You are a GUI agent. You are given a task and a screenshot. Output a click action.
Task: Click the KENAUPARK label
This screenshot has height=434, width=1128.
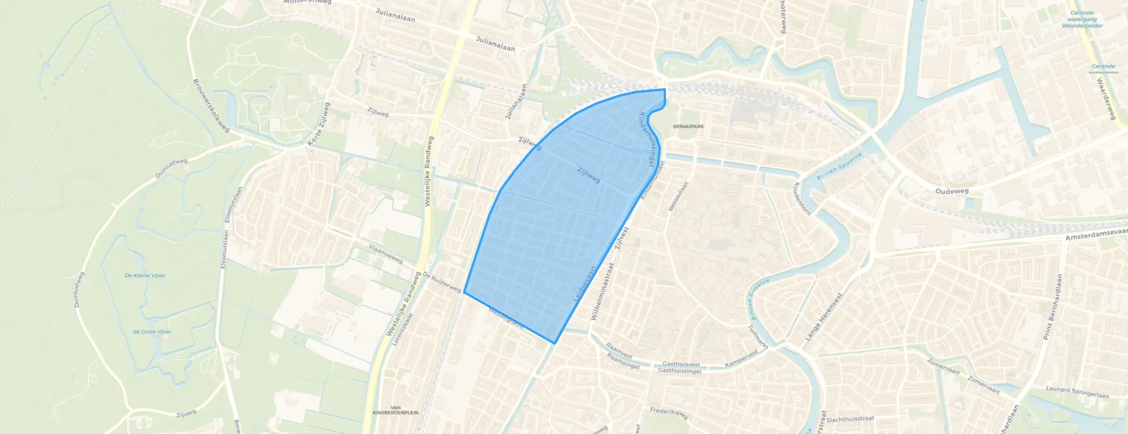coord(688,126)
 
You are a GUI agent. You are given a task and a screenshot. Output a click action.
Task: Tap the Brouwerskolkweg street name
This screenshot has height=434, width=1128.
coord(211,106)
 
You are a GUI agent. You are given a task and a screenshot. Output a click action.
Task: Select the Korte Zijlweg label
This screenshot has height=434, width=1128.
coord(319,125)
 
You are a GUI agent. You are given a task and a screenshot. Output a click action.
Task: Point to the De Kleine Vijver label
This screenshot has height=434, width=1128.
coord(145,275)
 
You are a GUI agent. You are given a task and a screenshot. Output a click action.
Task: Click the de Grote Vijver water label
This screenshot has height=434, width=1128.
coord(152,332)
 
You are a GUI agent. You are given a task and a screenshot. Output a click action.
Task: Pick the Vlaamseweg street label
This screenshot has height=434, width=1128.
coord(386,254)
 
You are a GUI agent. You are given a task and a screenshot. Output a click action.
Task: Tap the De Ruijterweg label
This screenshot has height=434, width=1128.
coord(441,282)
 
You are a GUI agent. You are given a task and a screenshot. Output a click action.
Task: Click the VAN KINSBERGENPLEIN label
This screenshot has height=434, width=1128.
coord(395,410)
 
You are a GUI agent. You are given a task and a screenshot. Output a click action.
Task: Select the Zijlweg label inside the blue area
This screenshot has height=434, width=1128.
coord(589,175)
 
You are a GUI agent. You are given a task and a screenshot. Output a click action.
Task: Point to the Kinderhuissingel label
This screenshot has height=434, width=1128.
coord(646,139)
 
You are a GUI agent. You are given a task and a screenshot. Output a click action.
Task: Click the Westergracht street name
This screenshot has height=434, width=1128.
coord(506,318)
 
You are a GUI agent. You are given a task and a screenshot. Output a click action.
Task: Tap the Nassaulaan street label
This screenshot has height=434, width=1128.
coord(679,196)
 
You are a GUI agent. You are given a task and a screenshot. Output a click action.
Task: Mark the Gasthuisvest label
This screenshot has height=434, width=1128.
coord(681,364)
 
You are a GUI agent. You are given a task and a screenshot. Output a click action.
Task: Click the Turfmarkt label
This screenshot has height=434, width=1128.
coord(758,337)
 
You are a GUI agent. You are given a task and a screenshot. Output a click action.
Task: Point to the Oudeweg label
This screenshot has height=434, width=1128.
coord(952,191)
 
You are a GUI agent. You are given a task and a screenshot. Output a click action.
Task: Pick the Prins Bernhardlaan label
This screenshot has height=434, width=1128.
coord(1053,307)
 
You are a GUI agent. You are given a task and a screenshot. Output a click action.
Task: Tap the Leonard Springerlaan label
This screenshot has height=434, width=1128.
coord(1077,392)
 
